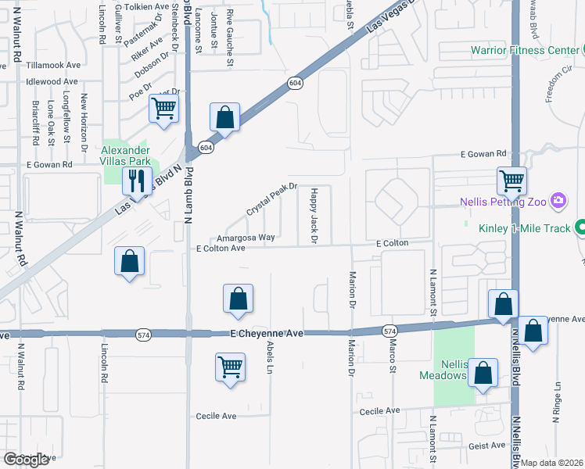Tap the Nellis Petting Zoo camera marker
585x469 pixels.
[558, 202]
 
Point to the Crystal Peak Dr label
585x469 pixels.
[272, 201]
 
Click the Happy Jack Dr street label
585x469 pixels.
[313, 215]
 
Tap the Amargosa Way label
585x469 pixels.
[246, 237]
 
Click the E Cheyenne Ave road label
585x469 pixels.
[267, 333]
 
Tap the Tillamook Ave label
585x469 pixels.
[53, 66]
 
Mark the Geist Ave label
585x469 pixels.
[487, 446]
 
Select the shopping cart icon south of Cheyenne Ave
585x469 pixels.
[231, 366]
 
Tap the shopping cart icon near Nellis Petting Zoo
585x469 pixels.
[511, 181]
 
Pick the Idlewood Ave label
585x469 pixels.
[52, 81]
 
